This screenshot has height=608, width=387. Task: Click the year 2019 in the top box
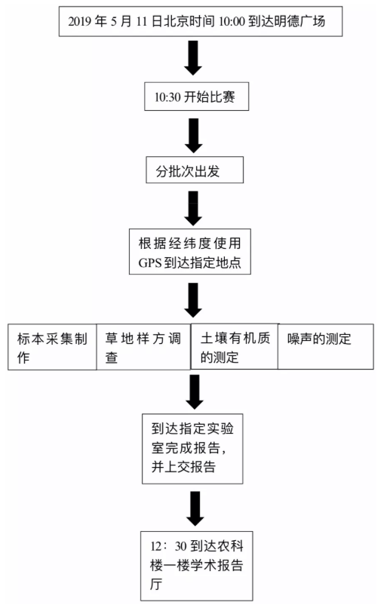[x=81, y=21]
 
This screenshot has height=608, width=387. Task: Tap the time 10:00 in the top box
[x=232, y=21]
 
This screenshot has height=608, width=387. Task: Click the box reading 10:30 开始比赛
[x=197, y=97]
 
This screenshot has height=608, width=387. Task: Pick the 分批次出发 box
[x=195, y=170]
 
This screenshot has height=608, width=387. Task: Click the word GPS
[x=149, y=263]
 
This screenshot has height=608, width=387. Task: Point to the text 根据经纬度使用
[x=190, y=243]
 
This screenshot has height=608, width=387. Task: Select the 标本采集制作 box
[x=52, y=347]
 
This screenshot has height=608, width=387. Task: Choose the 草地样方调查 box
[x=143, y=347]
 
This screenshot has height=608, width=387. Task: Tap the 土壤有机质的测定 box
[x=235, y=346]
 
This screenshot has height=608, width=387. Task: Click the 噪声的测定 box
[x=326, y=347]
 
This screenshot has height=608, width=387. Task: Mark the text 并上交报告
[x=183, y=466]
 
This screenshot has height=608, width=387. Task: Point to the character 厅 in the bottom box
[x=156, y=584]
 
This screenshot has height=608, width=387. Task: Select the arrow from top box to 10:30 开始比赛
[x=192, y=58]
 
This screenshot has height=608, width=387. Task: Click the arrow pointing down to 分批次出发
[x=193, y=136]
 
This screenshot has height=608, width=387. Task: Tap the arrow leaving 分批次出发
[x=193, y=208]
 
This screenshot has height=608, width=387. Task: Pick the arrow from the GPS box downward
[x=193, y=300]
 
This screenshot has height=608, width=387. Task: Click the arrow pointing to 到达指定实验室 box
[x=195, y=392]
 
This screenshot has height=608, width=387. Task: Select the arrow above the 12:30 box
[x=195, y=508]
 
